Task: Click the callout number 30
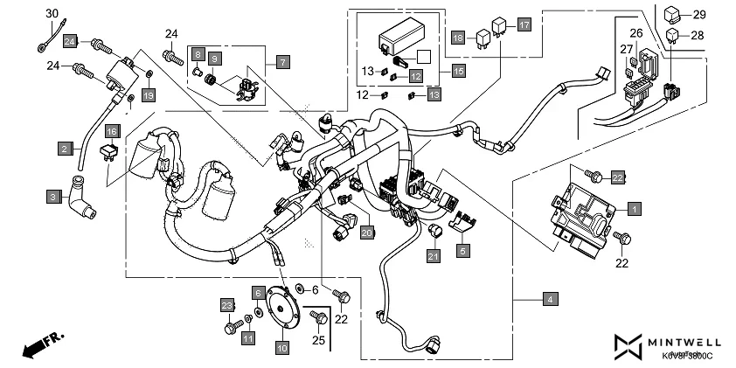click(x=52, y=13)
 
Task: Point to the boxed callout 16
click(x=112, y=132)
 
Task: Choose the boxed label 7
click(x=282, y=62)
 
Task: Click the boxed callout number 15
click(x=457, y=69)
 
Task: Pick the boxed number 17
click(x=524, y=24)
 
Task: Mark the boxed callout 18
click(x=457, y=38)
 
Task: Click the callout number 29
click(x=698, y=16)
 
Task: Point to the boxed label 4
click(x=549, y=300)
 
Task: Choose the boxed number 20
click(x=367, y=232)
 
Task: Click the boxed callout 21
click(x=434, y=255)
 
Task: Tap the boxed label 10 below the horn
click(x=282, y=348)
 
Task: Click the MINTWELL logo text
click(x=683, y=342)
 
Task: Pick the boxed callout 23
click(x=228, y=304)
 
